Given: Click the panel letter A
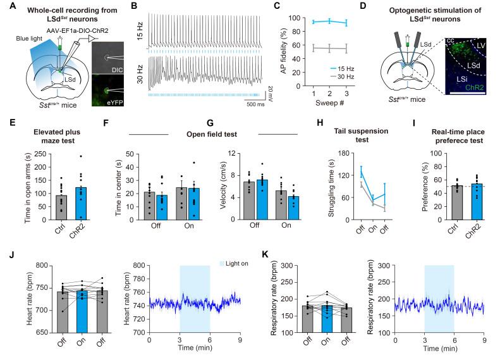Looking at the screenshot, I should click(x=6, y=8).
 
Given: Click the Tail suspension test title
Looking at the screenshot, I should click(x=348, y=137).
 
